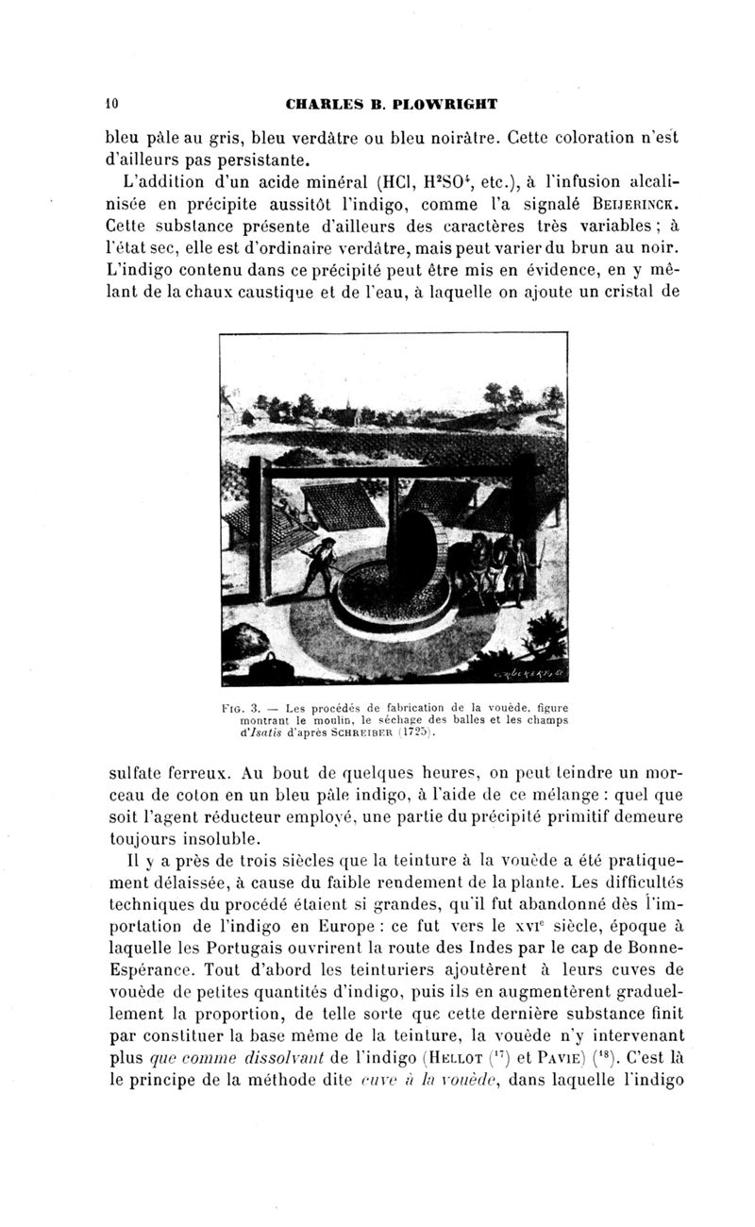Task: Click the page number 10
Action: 110,101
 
